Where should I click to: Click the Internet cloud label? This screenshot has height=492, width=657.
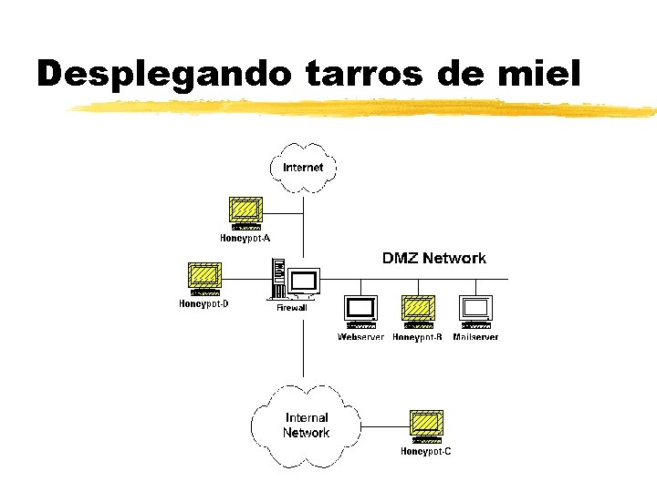tap(303, 168)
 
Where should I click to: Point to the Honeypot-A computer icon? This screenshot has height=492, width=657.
tap(245, 213)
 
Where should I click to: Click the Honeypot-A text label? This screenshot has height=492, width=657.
tap(245, 239)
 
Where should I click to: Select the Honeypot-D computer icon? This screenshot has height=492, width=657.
tap(204, 278)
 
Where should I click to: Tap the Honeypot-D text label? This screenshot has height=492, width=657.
tap(203, 304)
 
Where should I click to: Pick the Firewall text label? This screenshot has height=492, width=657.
tap(292, 308)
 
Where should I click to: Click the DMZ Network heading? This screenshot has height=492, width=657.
tap(433, 259)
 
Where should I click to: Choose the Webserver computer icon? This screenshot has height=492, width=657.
tap(361, 312)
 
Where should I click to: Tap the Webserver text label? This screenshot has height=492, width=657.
tap(361, 337)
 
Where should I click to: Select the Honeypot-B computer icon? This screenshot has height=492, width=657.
tap(418, 312)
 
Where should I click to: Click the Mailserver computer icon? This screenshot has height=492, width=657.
tap(475, 312)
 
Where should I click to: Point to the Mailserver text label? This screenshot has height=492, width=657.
tap(475, 337)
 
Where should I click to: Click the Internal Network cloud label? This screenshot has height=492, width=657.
tap(306, 425)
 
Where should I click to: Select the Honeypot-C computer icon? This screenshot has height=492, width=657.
tap(425, 425)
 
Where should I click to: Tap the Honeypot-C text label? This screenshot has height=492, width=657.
tap(425, 451)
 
